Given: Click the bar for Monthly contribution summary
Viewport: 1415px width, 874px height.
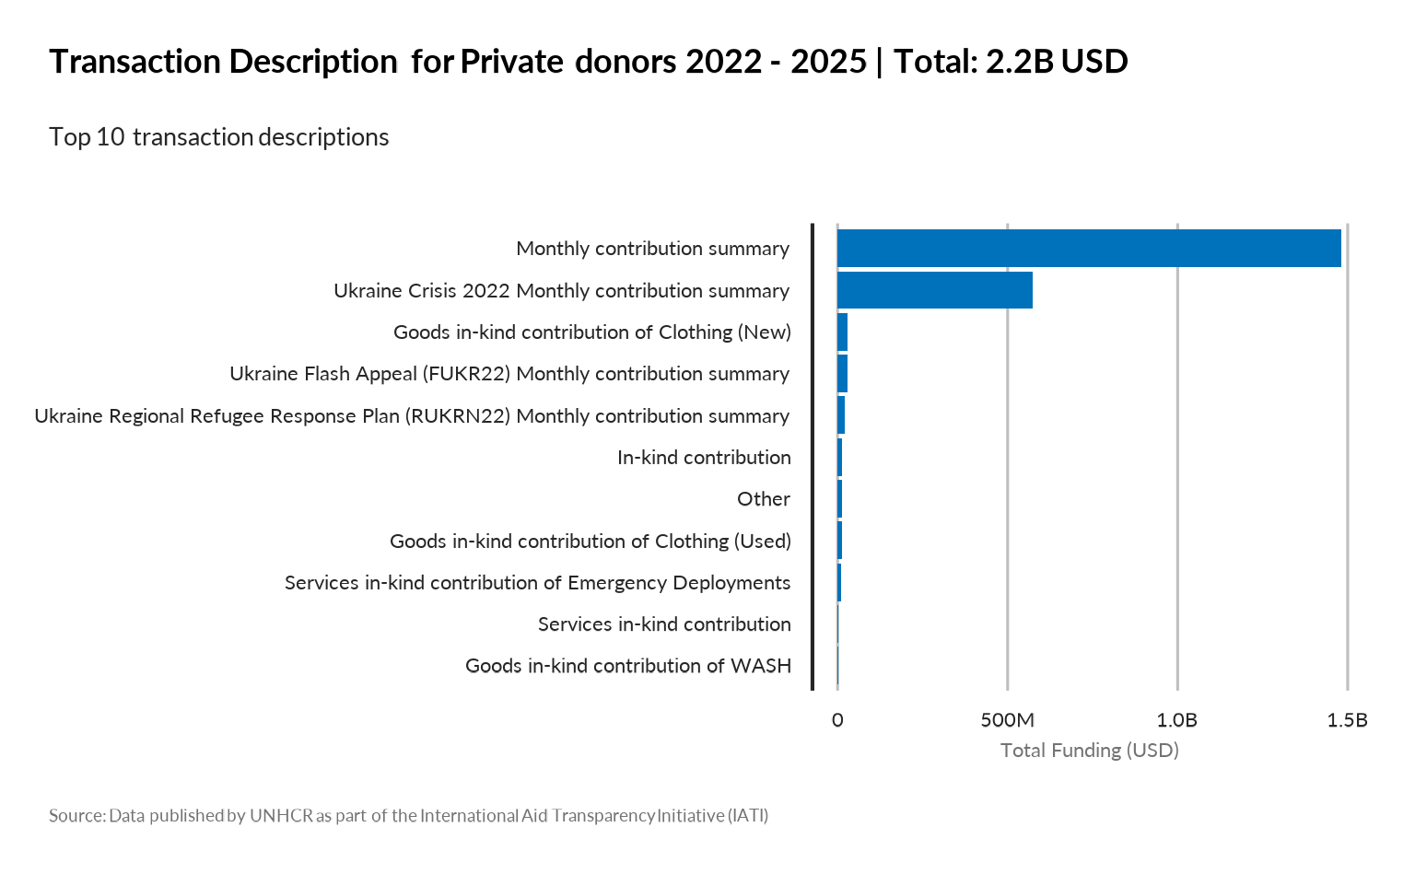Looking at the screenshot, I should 1089,249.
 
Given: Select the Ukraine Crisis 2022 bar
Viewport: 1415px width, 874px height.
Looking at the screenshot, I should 934,290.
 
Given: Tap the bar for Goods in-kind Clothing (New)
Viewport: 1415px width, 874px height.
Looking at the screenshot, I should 842,332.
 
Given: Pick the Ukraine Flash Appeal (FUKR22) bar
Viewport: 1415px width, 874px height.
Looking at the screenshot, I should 842,374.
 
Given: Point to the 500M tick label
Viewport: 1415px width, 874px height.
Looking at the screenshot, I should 1007,720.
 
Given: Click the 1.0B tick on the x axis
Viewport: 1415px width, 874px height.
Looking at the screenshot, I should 1176,720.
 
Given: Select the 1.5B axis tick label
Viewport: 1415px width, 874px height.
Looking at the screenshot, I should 1347,720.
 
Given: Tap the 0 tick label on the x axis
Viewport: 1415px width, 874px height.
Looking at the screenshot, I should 837,720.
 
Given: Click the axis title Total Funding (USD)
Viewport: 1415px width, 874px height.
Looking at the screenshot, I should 1089,751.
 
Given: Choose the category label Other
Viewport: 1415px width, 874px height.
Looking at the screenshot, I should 763,499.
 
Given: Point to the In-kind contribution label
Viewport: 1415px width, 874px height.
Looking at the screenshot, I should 704,458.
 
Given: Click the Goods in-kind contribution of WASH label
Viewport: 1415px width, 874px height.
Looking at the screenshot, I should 627,666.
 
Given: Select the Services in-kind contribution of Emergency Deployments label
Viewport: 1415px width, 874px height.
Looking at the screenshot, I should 537,583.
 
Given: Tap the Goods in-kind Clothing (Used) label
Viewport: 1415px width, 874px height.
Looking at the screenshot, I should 590,542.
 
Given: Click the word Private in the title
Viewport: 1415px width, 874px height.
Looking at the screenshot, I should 511,62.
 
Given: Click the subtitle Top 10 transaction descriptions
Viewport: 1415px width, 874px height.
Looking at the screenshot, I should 219,137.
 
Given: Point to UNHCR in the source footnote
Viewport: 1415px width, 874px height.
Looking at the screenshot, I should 281,816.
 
